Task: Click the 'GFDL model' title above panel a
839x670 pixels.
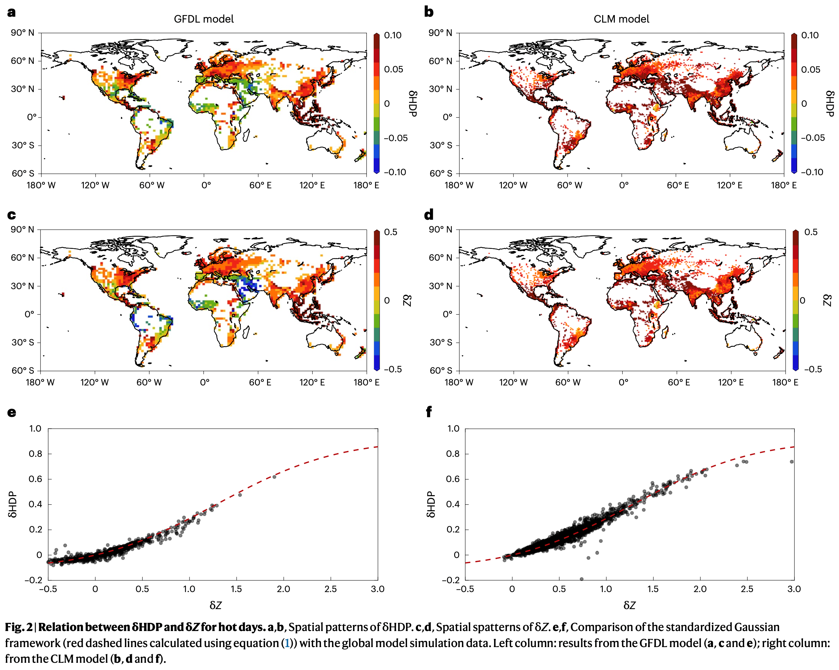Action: point(204,19)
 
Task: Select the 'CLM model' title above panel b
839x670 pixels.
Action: point(621,19)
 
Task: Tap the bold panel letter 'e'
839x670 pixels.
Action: point(12,413)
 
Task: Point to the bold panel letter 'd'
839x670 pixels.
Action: point(428,214)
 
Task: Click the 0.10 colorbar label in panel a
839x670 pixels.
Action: point(393,35)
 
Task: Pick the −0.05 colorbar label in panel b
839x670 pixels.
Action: point(812,138)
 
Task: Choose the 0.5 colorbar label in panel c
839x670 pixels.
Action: point(391,232)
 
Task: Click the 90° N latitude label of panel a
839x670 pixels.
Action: point(23,33)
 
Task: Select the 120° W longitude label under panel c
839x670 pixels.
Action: point(95,382)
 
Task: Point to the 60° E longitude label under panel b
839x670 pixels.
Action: point(677,185)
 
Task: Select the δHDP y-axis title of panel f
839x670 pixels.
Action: point(430,504)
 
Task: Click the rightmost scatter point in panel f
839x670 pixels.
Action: point(792,462)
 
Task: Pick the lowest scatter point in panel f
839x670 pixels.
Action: point(581,579)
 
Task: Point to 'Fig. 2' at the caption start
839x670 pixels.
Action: point(18,627)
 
